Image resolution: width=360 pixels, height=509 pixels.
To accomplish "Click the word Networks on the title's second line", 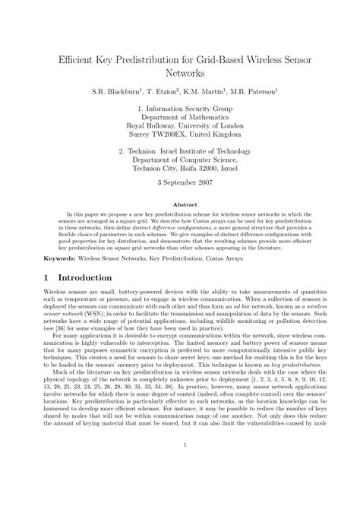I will tap(180, 74).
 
